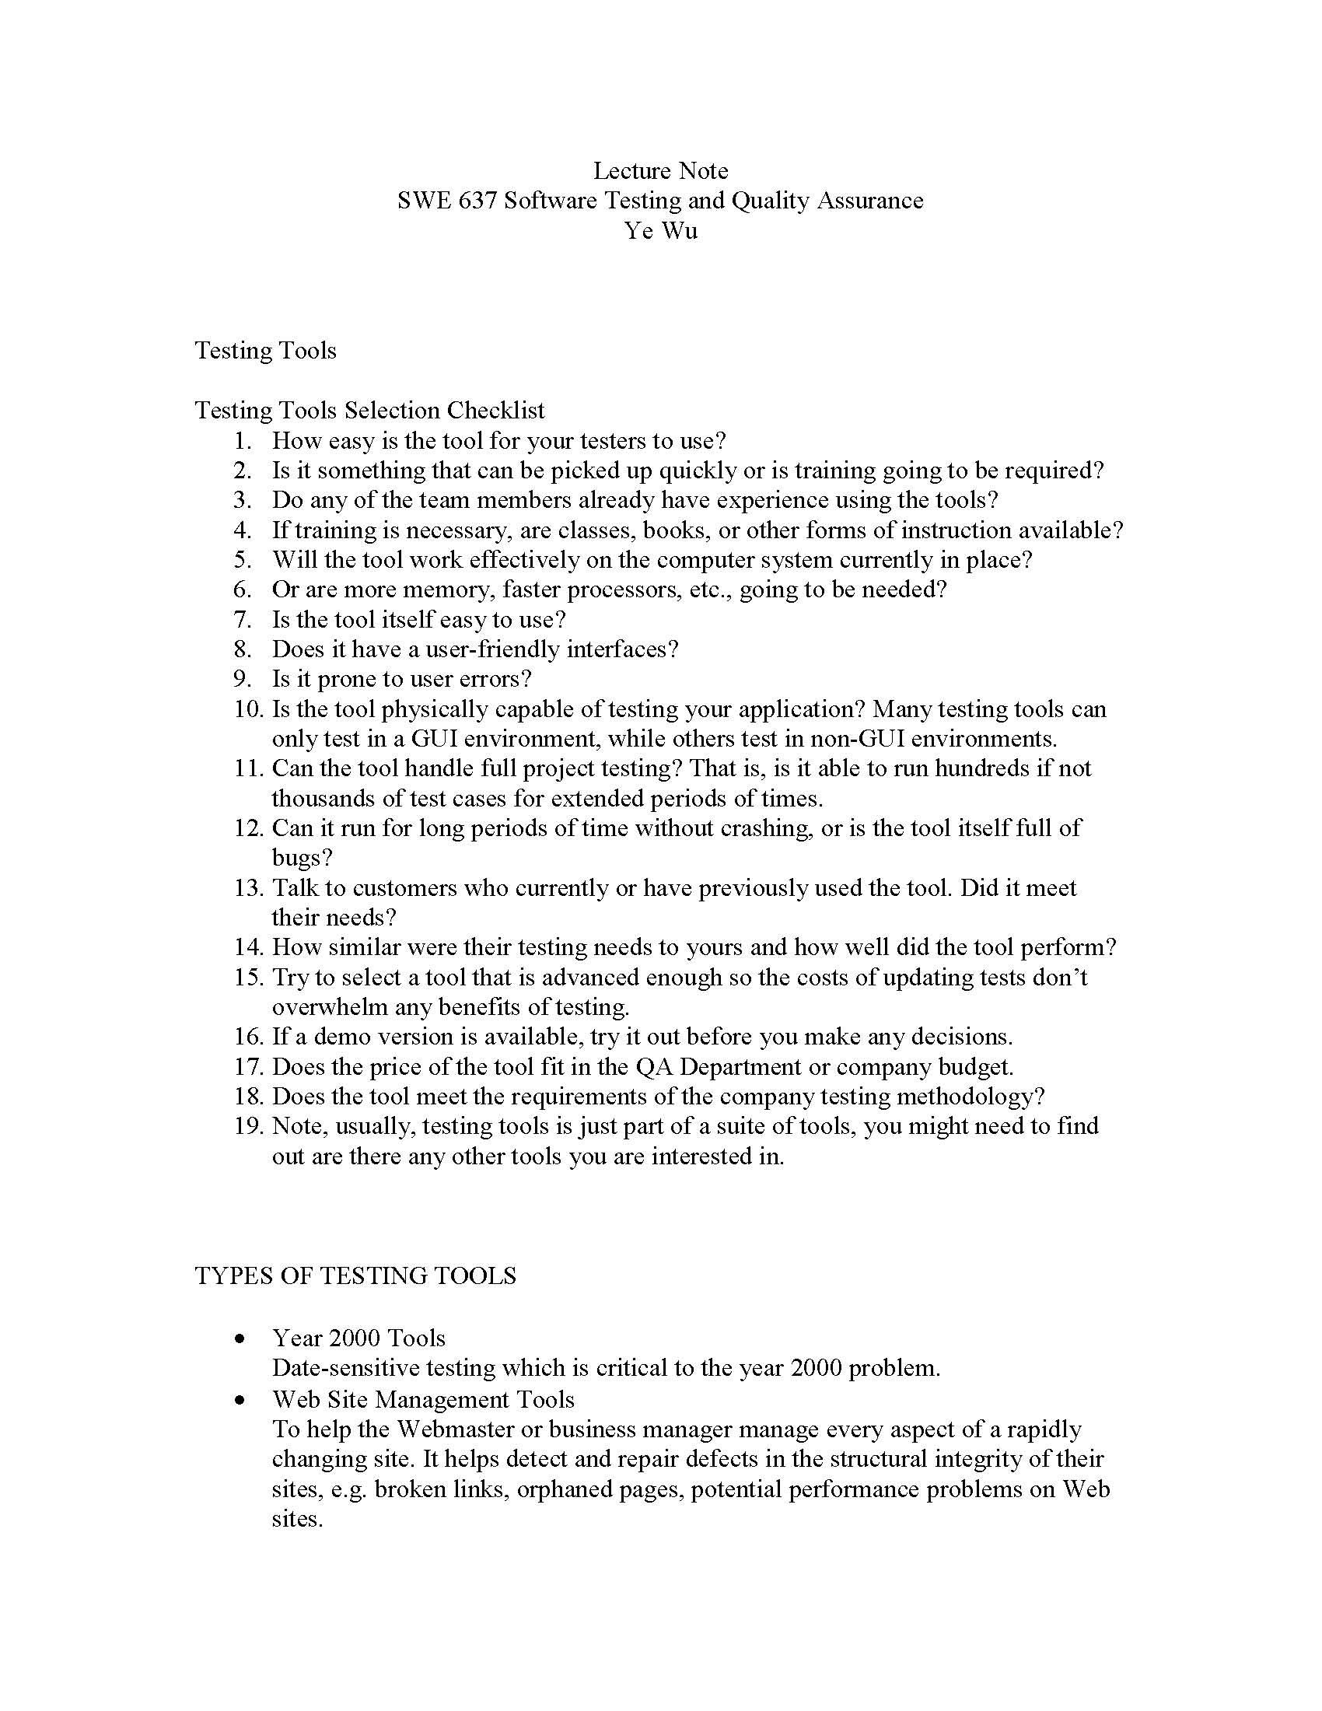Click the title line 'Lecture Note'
pos(660,171)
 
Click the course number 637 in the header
pos(476,201)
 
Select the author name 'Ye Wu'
pos(660,230)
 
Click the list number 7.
pos(243,620)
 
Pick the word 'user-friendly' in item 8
pos(491,649)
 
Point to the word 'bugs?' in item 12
pos(303,858)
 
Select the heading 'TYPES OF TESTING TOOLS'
pos(355,1275)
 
